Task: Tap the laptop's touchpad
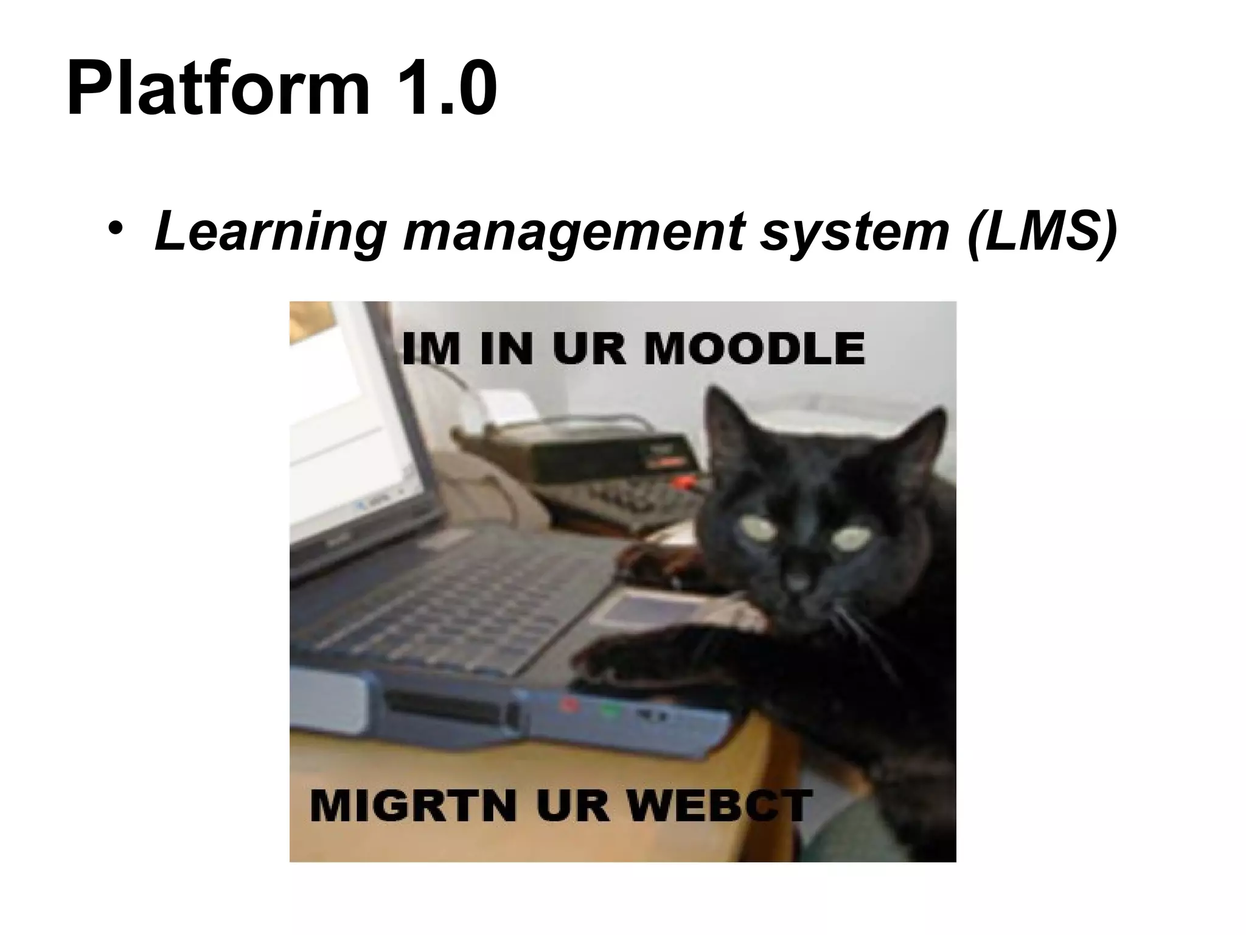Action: pos(633,609)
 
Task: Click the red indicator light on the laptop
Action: pos(570,706)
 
